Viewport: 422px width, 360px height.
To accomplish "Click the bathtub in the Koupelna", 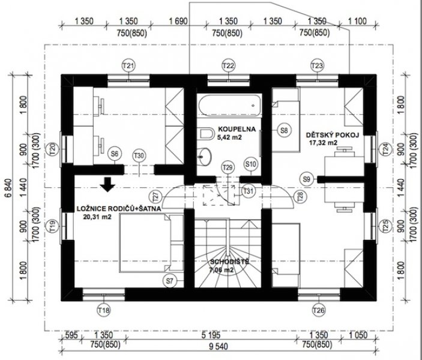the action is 229,106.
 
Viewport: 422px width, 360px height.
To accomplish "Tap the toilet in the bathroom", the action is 205,133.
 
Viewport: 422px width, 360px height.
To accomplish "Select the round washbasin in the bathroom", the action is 205,157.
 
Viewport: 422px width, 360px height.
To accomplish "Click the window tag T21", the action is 128,65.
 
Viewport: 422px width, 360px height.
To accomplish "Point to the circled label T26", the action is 319,311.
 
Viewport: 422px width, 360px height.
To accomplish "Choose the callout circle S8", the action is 284,130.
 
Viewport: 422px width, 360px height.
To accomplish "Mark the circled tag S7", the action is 169,281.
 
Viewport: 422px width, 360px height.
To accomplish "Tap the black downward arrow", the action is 107,184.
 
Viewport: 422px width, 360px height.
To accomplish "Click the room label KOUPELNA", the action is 237,129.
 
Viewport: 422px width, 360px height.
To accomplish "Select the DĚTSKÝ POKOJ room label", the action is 333,135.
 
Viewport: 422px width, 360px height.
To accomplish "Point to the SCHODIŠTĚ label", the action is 229,262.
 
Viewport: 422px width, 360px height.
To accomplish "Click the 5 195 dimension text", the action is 211,335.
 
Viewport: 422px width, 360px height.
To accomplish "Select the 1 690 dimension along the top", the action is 178,21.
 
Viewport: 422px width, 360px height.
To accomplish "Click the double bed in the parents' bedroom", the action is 151,243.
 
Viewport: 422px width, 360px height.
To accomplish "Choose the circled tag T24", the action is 386,149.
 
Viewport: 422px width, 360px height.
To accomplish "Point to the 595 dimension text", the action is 71,335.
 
